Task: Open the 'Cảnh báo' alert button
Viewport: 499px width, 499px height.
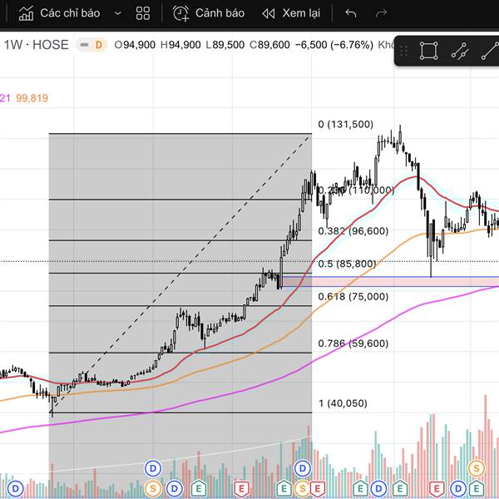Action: [x=209, y=13]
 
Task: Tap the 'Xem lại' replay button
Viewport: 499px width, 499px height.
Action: [x=291, y=13]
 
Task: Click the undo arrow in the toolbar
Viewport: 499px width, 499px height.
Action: [x=351, y=13]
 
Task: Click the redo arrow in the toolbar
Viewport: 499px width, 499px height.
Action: [x=381, y=13]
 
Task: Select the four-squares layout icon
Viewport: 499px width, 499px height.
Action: [x=143, y=13]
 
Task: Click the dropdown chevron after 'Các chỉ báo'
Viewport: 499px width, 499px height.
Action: [x=117, y=14]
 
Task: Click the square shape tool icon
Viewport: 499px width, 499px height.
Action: [x=428, y=51]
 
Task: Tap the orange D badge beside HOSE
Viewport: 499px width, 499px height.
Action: [x=98, y=45]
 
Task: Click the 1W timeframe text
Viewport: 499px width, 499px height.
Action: [x=13, y=45]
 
